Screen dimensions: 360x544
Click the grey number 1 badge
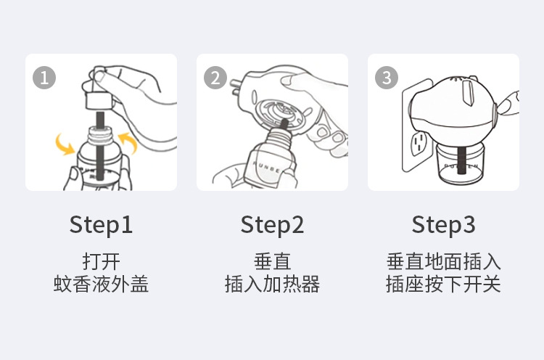(44, 78)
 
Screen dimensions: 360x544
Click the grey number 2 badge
(215, 78)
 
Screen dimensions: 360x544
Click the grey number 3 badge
(386, 78)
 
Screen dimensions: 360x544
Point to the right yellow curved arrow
(129, 141)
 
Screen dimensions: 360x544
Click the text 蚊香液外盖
(101, 284)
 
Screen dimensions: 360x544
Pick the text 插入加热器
(272, 284)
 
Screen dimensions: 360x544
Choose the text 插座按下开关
(443, 284)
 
